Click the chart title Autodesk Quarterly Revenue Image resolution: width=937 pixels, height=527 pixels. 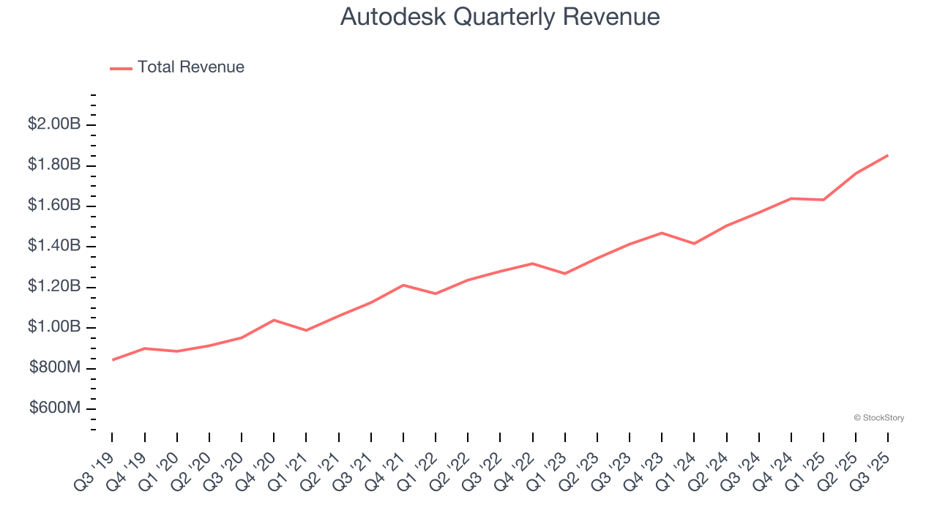500,17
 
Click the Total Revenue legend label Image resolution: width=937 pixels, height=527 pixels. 190,67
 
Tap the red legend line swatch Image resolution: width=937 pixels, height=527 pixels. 121,68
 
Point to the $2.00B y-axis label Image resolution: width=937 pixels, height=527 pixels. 54,124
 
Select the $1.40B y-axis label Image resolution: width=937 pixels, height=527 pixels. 54,246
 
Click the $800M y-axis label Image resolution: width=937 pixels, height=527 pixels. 55,367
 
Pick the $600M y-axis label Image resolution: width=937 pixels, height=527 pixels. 55,408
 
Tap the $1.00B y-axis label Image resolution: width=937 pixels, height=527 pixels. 54,327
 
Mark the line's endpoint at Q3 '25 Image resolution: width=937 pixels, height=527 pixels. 888,155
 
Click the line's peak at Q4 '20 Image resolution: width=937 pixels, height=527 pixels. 274,320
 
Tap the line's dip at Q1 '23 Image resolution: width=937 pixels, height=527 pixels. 564,274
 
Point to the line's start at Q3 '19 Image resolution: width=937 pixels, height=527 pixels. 113,359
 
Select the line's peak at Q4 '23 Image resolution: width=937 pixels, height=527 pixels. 662,233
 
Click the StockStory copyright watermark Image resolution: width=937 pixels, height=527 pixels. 878,418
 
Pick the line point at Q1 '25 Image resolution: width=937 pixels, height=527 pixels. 824,200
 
